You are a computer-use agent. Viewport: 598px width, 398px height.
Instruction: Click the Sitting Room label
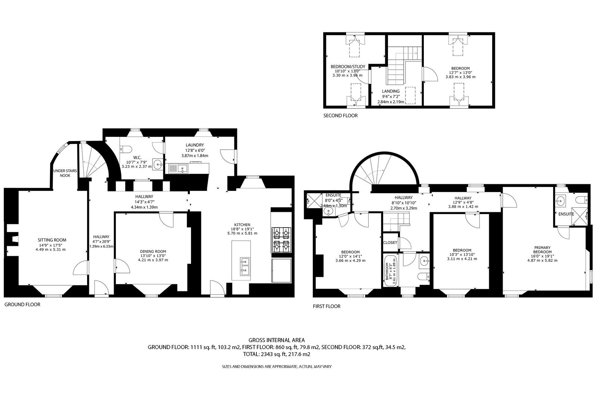(x=52, y=240)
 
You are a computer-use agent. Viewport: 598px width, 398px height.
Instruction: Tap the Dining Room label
(x=153, y=251)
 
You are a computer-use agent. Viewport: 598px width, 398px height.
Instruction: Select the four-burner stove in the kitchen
(x=281, y=240)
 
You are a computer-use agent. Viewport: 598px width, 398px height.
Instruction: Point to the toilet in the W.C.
(x=126, y=149)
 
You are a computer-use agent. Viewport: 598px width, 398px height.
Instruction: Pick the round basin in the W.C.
(x=158, y=164)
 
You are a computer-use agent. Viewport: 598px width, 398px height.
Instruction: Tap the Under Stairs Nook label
(x=65, y=173)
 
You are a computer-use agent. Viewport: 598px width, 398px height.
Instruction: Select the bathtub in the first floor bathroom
(x=390, y=270)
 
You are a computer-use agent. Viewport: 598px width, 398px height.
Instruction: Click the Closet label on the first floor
(x=390, y=243)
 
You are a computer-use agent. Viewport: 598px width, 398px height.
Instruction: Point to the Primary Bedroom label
(x=542, y=250)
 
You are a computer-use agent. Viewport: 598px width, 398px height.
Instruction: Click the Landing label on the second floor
(x=391, y=91)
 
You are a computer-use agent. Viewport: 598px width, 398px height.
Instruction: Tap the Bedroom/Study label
(x=348, y=67)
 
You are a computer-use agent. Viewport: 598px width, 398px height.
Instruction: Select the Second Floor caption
(x=340, y=116)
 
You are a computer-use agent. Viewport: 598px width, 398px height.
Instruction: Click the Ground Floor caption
(x=22, y=304)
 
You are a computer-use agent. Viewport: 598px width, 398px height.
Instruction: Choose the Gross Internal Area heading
(x=277, y=340)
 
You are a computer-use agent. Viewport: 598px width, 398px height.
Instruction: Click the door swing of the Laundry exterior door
(x=227, y=156)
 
